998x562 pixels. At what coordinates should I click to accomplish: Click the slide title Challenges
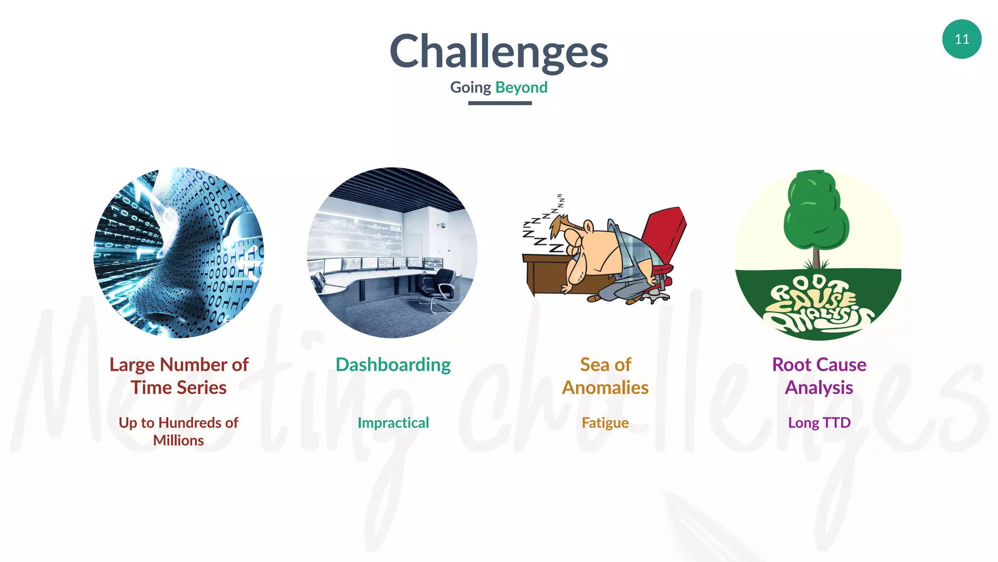tap(499, 52)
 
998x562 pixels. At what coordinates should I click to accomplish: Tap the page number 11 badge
tap(961, 39)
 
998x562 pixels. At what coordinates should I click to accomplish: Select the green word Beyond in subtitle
tap(521, 87)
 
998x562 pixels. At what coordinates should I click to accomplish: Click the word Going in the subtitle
tap(470, 87)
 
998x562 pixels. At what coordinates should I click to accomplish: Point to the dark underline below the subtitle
tap(499, 103)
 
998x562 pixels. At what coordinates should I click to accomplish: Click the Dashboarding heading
tap(393, 364)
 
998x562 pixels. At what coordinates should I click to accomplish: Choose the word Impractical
tap(393, 422)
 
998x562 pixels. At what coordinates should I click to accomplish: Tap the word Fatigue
tap(605, 422)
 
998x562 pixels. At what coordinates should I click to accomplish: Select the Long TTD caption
tap(819, 422)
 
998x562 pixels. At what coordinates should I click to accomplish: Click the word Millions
tap(178, 441)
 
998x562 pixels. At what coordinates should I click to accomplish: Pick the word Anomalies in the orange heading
tap(605, 388)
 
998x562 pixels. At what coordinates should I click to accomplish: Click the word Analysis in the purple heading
tap(819, 388)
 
